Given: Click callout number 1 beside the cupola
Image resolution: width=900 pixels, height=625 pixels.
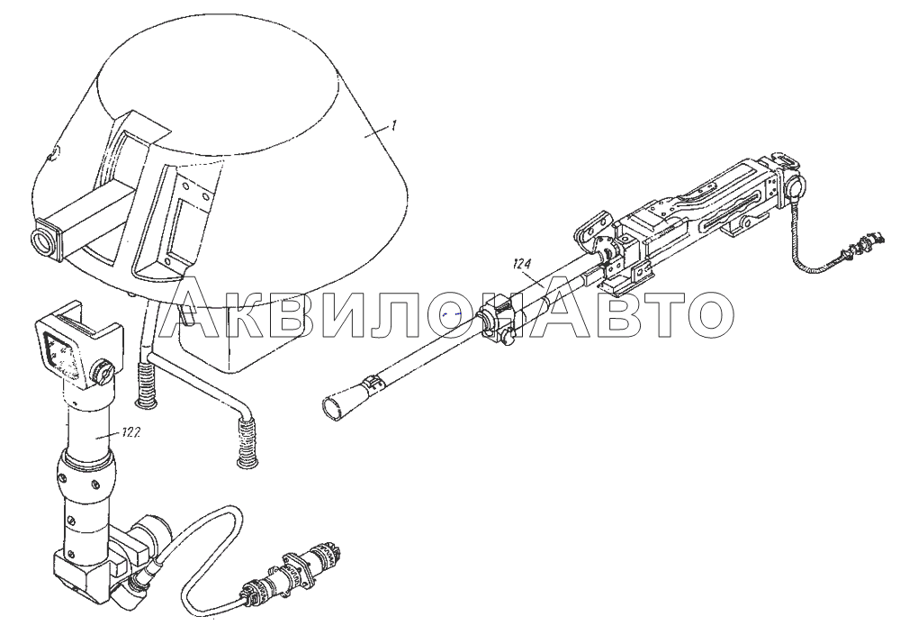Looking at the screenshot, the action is click(x=394, y=126).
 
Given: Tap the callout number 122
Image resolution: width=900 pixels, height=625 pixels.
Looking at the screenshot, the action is click(x=131, y=434).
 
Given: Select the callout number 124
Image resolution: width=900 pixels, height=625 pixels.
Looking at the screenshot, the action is click(x=522, y=264).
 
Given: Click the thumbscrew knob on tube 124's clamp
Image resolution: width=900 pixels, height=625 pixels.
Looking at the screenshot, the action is click(x=508, y=338).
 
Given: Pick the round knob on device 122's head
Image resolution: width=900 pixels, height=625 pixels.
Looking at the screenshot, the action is click(x=103, y=373).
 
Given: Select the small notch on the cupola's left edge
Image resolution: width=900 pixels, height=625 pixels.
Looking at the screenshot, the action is click(x=51, y=153).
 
